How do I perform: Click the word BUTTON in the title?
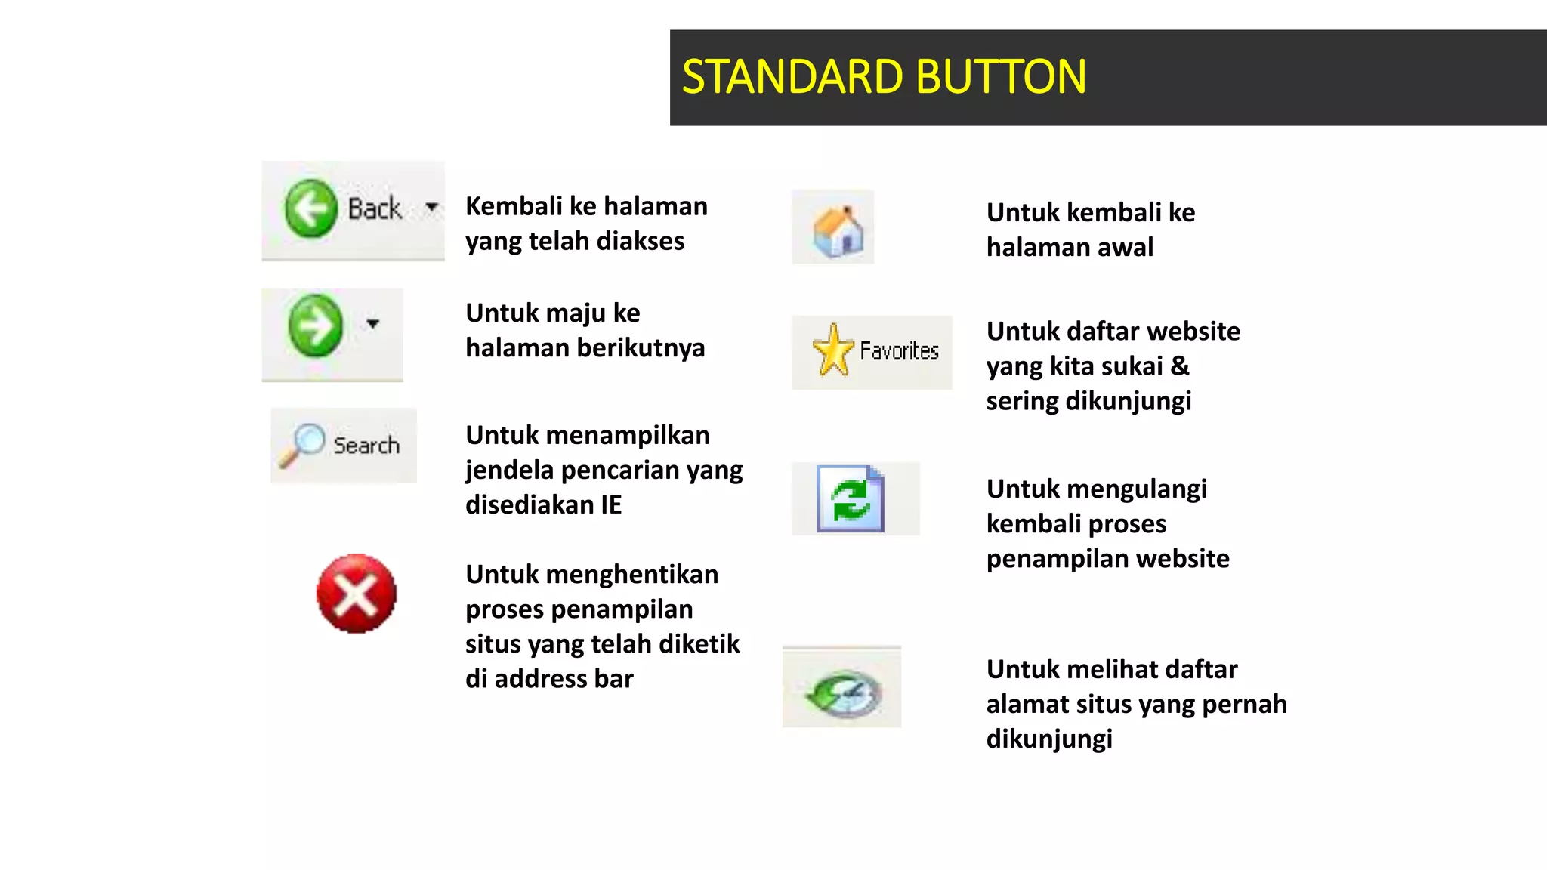pos(1002,77)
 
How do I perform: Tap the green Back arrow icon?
pos(310,209)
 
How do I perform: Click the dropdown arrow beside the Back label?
pos(431,206)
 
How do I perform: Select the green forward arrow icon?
pos(316,325)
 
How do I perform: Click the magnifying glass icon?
pos(301,444)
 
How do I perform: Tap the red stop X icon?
pos(356,594)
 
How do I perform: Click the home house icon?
pos(838,230)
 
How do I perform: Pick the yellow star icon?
pos(833,350)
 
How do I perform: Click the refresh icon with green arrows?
pos(851,499)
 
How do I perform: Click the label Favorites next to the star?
pos(899,351)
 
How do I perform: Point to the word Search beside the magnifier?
pos(366,446)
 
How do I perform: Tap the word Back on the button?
pos(375,208)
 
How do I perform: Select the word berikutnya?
pos(641,348)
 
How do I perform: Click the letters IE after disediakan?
pos(611,504)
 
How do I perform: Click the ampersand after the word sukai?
pos(1180,366)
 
